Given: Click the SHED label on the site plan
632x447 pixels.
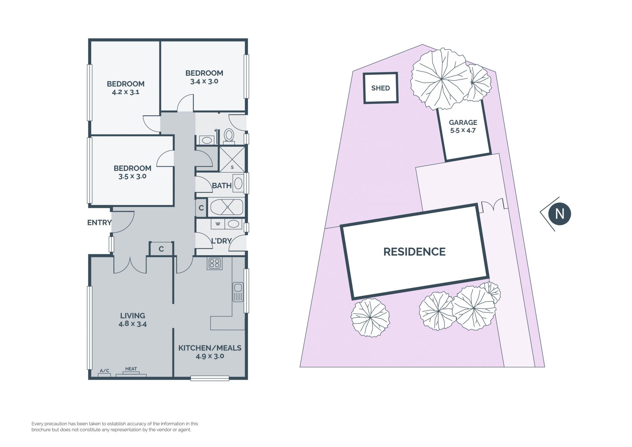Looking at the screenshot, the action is click(x=380, y=88).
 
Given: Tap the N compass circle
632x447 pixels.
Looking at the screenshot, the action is click(x=560, y=214).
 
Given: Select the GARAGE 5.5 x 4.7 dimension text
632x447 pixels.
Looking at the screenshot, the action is click(x=463, y=130).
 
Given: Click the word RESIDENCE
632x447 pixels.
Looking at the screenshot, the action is click(x=414, y=252).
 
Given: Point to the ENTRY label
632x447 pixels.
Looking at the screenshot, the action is click(x=99, y=223).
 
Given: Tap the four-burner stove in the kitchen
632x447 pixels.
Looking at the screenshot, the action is click(x=215, y=263).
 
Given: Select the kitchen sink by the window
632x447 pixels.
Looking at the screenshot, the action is click(x=238, y=292).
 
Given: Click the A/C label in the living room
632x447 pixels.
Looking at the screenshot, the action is click(x=104, y=371).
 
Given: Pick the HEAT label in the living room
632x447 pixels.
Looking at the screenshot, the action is click(x=131, y=369).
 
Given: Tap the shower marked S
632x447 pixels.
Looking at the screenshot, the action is click(x=232, y=159).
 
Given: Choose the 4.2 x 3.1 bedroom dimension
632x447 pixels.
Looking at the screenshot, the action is click(x=126, y=92).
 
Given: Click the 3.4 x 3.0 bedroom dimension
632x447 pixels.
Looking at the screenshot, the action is click(x=204, y=81).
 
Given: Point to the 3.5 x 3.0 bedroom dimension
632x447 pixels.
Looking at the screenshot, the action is click(x=132, y=176).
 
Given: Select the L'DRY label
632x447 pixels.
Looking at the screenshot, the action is click(x=221, y=241).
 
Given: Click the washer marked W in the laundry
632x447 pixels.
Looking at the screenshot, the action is click(x=218, y=224).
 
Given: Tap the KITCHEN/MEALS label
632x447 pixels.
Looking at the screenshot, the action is click(x=210, y=348).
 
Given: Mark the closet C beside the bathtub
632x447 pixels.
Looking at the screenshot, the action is click(x=201, y=208).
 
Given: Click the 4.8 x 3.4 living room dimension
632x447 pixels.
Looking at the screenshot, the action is click(x=133, y=324).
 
